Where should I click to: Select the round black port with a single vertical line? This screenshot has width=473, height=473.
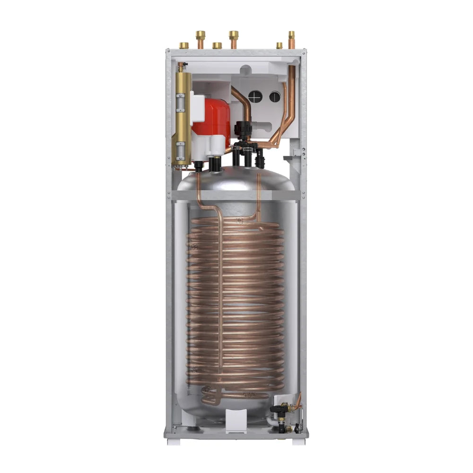pos(275,96)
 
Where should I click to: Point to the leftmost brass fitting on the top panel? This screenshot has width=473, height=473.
pos(184,45)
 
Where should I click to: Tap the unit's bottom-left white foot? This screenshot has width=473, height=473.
pos(173,442)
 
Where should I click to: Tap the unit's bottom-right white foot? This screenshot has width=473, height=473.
pos(298,442)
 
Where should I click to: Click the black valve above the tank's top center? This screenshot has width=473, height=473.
pos(242,129)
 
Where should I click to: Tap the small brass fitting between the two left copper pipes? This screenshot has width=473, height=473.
pos(217,45)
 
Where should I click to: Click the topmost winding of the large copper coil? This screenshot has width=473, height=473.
pos(236,222)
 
